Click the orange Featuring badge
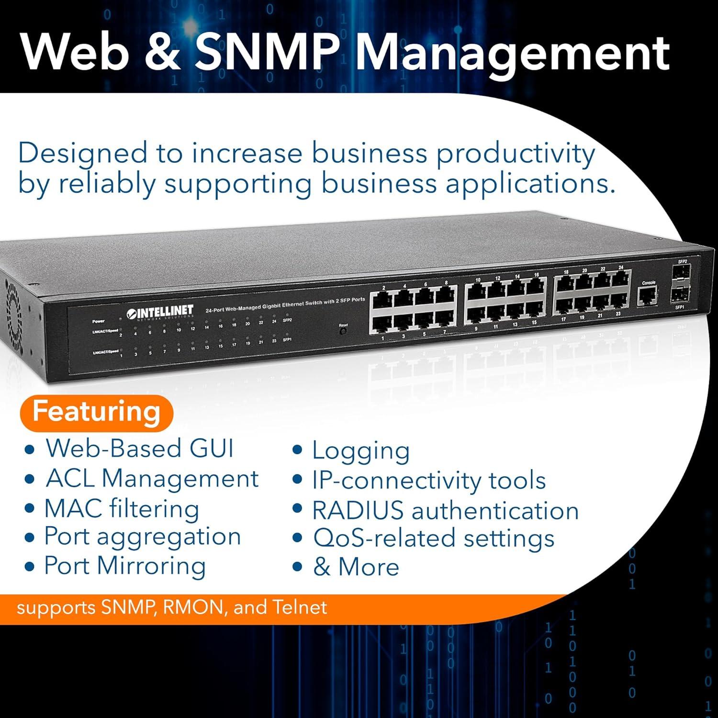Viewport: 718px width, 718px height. click(x=96, y=412)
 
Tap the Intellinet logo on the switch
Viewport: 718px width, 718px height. click(x=160, y=312)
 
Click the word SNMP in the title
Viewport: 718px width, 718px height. click(x=265, y=53)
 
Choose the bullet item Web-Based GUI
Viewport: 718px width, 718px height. click(x=139, y=449)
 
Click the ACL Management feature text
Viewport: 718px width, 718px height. click(x=152, y=479)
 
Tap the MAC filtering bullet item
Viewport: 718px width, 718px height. click(x=122, y=508)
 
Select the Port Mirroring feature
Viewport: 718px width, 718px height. click(x=125, y=566)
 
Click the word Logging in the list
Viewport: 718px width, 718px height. click(x=361, y=451)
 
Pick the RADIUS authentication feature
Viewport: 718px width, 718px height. click(x=445, y=510)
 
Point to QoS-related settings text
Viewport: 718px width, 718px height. click(x=434, y=538)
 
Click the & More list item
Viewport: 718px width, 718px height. click(x=356, y=567)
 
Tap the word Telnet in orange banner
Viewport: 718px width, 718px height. click(x=300, y=607)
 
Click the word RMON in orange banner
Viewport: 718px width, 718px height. click(x=192, y=607)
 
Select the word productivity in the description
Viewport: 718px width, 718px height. click(x=515, y=154)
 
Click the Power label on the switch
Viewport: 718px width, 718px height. click(x=98, y=321)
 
